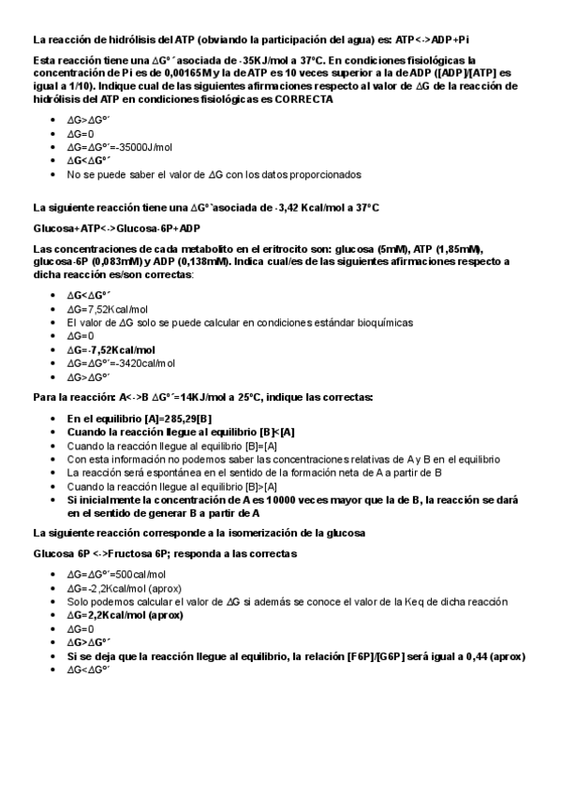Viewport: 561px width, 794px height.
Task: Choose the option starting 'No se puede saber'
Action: pyautogui.click(x=214, y=174)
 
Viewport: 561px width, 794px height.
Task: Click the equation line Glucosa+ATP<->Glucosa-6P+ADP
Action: pyautogui.click(x=117, y=228)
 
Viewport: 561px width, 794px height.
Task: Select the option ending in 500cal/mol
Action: pyautogui.click(x=116, y=574)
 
